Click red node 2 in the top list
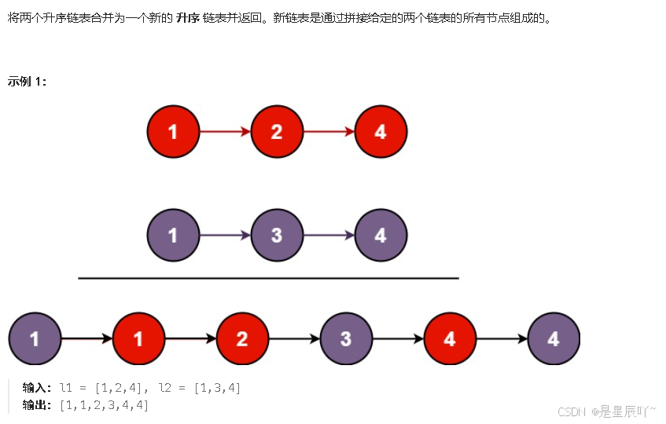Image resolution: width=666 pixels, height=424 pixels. tap(276, 132)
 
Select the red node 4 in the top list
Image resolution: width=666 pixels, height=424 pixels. tap(381, 132)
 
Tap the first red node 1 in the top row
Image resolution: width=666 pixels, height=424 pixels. tap(173, 132)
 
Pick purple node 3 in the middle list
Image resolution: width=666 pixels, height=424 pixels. tap(276, 235)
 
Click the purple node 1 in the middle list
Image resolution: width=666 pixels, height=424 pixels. tap(173, 235)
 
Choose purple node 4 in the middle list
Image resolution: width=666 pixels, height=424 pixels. tap(381, 235)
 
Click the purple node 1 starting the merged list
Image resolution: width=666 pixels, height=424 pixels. tap(35, 339)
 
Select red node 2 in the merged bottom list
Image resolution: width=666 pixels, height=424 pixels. tap(242, 339)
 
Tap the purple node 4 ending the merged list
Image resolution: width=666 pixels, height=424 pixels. tap(554, 339)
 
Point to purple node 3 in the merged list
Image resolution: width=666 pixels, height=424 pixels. tap(346, 339)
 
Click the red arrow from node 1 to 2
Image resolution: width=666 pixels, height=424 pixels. tap(224, 132)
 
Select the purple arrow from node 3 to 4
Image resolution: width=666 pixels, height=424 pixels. tap(329, 235)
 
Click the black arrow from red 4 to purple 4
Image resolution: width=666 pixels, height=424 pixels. tap(502, 339)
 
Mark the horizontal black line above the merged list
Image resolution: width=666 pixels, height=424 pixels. tap(268, 278)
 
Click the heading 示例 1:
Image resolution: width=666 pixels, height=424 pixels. tap(27, 82)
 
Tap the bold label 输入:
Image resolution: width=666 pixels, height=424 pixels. tap(37, 388)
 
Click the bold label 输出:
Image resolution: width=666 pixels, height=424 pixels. tap(37, 405)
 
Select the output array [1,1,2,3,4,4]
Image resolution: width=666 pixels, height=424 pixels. tap(104, 405)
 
